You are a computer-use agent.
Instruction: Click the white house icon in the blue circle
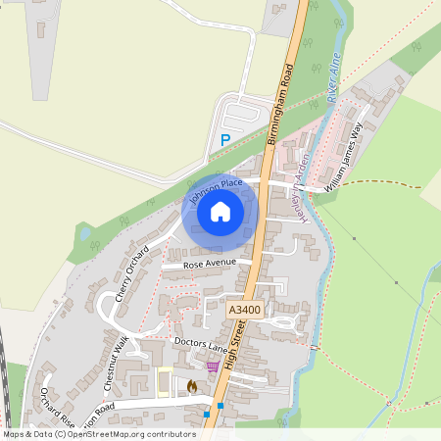click(220, 211)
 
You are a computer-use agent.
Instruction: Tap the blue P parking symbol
click(225, 141)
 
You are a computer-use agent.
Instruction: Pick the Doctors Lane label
click(200, 344)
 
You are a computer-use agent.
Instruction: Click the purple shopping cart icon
click(213, 366)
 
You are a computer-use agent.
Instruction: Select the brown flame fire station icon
click(191, 387)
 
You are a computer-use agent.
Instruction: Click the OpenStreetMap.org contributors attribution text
click(132, 433)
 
